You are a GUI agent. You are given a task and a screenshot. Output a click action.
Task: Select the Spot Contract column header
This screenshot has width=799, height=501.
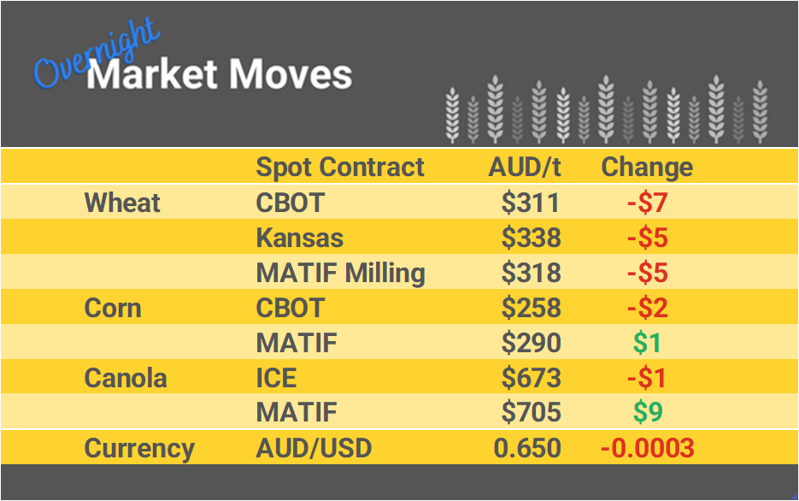[x=340, y=167]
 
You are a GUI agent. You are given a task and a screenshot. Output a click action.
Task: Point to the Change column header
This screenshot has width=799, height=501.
[x=647, y=167]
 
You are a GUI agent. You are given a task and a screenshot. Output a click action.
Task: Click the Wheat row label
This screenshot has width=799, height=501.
[x=122, y=203]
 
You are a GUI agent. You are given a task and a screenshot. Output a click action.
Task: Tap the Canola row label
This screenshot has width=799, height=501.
[x=126, y=378]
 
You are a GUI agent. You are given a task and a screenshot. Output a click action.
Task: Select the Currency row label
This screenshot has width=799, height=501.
[x=139, y=448]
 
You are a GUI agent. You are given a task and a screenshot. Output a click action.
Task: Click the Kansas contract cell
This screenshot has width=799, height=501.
[x=300, y=238]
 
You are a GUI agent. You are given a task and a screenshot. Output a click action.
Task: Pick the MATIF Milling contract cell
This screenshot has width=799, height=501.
[x=340, y=273]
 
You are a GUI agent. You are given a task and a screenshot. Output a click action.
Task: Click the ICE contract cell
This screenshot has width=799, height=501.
[x=279, y=378]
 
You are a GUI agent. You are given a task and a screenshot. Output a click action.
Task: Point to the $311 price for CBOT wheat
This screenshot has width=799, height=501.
[x=531, y=203]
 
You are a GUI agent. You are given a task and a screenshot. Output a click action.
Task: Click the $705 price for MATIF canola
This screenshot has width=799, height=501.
[x=531, y=413]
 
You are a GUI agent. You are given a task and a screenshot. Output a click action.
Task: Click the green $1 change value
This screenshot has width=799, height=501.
[x=647, y=343]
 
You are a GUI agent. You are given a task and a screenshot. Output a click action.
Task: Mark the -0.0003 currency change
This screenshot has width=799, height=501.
[x=646, y=448]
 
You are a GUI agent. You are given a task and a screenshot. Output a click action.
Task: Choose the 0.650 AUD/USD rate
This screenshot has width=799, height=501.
[x=527, y=448]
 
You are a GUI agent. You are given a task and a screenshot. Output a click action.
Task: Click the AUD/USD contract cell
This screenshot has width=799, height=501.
[x=314, y=448]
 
